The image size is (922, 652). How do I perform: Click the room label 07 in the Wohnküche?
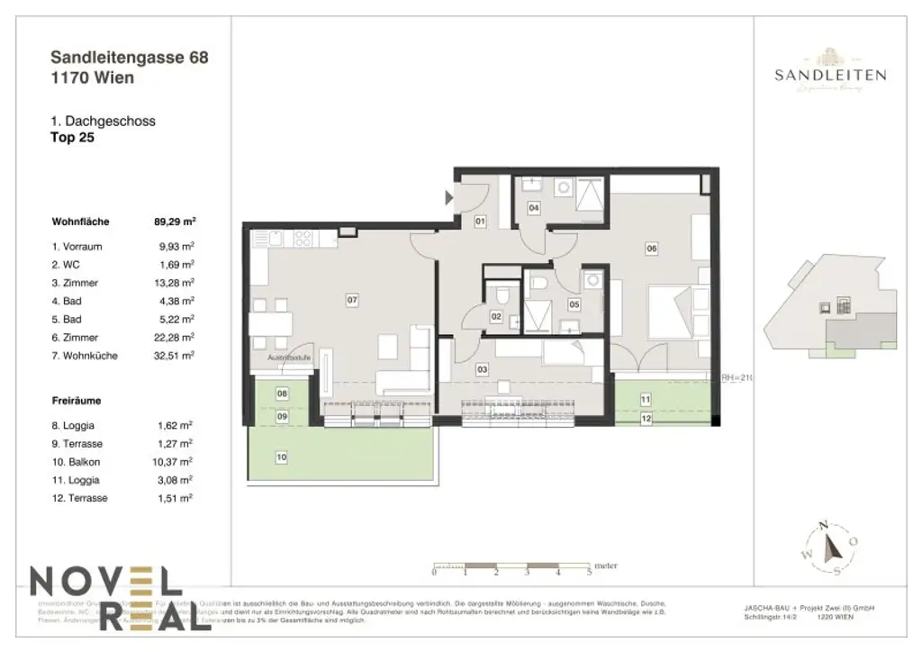(352, 300)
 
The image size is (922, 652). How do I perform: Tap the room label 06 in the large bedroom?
(652, 248)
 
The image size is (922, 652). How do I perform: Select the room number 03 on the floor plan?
(482, 369)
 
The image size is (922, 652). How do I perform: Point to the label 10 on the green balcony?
(282, 457)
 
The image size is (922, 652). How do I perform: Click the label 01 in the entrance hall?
(481, 221)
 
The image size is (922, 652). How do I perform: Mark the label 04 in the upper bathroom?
(534, 208)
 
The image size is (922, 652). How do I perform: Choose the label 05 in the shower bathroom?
(574, 304)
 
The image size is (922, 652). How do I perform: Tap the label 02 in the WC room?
(496, 316)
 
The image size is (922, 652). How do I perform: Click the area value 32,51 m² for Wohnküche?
(176, 356)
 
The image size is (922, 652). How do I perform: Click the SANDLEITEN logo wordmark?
(830, 76)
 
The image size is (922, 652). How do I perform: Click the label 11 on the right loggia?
(646, 398)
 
